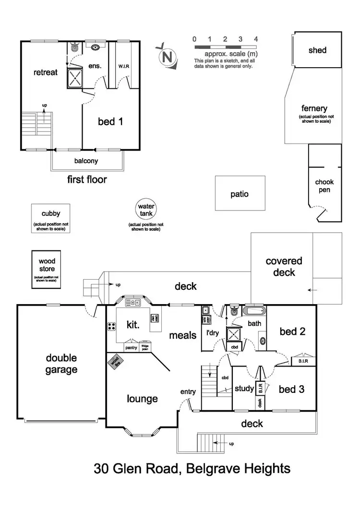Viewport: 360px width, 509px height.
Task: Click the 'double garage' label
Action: point(61,364)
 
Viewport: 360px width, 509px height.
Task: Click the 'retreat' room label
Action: point(46,72)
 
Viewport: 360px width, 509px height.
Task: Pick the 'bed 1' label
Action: point(110,121)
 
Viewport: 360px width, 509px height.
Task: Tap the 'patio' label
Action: point(240,194)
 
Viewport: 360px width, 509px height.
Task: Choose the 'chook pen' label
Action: point(324,186)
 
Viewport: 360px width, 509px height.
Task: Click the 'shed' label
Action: point(318,50)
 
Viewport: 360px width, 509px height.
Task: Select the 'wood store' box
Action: point(47,270)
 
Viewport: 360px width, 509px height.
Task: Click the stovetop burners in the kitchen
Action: point(111,326)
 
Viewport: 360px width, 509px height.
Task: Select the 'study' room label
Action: point(244,389)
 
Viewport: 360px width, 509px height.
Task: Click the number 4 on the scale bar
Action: point(256,39)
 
